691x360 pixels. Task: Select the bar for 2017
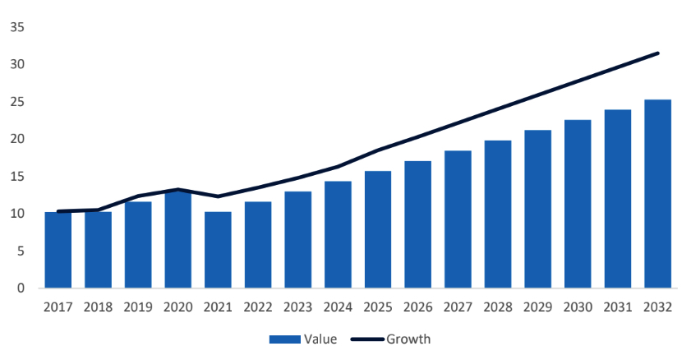[x=58, y=250]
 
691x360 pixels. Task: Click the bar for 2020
[x=177, y=239]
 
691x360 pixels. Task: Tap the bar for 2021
[x=218, y=250]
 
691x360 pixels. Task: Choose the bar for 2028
[x=498, y=215]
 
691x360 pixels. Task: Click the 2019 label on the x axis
[x=137, y=307]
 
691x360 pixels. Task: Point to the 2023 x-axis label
[x=297, y=307]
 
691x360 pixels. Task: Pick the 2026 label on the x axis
[x=417, y=307]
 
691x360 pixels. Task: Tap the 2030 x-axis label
[x=578, y=307]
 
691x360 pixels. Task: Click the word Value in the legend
[x=320, y=339]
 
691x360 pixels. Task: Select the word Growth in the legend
[x=408, y=339]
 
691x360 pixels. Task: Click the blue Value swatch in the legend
[x=283, y=339]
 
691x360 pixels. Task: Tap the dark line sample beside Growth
[x=366, y=339]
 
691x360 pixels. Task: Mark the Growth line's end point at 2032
[x=657, y=53]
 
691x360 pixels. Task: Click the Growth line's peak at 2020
[x=177, y=190]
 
